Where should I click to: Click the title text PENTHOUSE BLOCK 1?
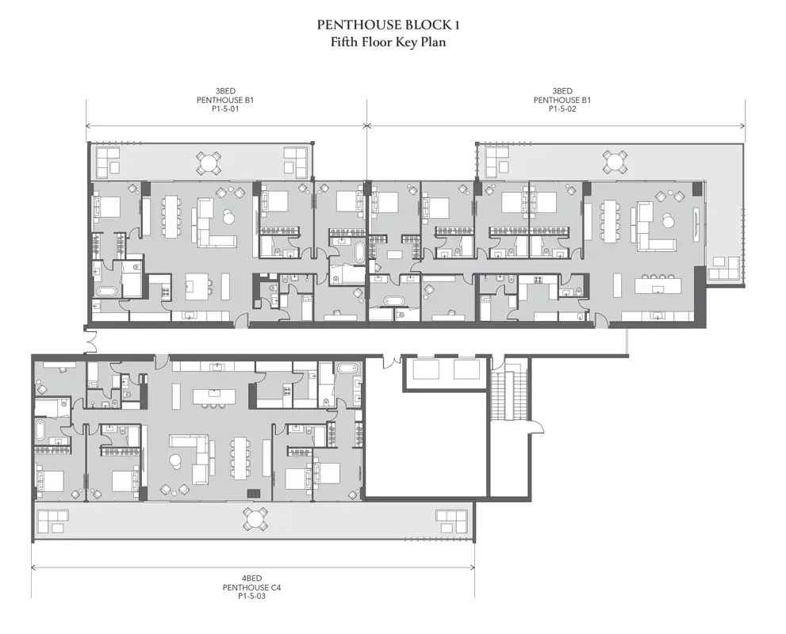point(388,25)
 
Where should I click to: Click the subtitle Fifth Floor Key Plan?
point(388,41)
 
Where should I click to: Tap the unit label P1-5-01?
point(225,109)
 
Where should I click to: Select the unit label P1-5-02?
point(562,109)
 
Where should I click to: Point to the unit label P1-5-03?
point(251,596)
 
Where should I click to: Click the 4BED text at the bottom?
point(251,579)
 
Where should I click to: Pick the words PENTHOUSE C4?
point(251,587)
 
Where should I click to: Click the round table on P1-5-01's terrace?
point(208,162)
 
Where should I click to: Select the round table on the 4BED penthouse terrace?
point(255,519)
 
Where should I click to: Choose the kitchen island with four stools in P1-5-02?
point(658,286)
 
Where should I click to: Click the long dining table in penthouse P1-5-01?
point(172,217)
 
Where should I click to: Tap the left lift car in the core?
point(426,369)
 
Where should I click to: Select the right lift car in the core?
point(466,369)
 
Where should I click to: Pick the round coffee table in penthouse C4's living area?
point(176,460)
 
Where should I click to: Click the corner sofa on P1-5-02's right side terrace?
point(724,267)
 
